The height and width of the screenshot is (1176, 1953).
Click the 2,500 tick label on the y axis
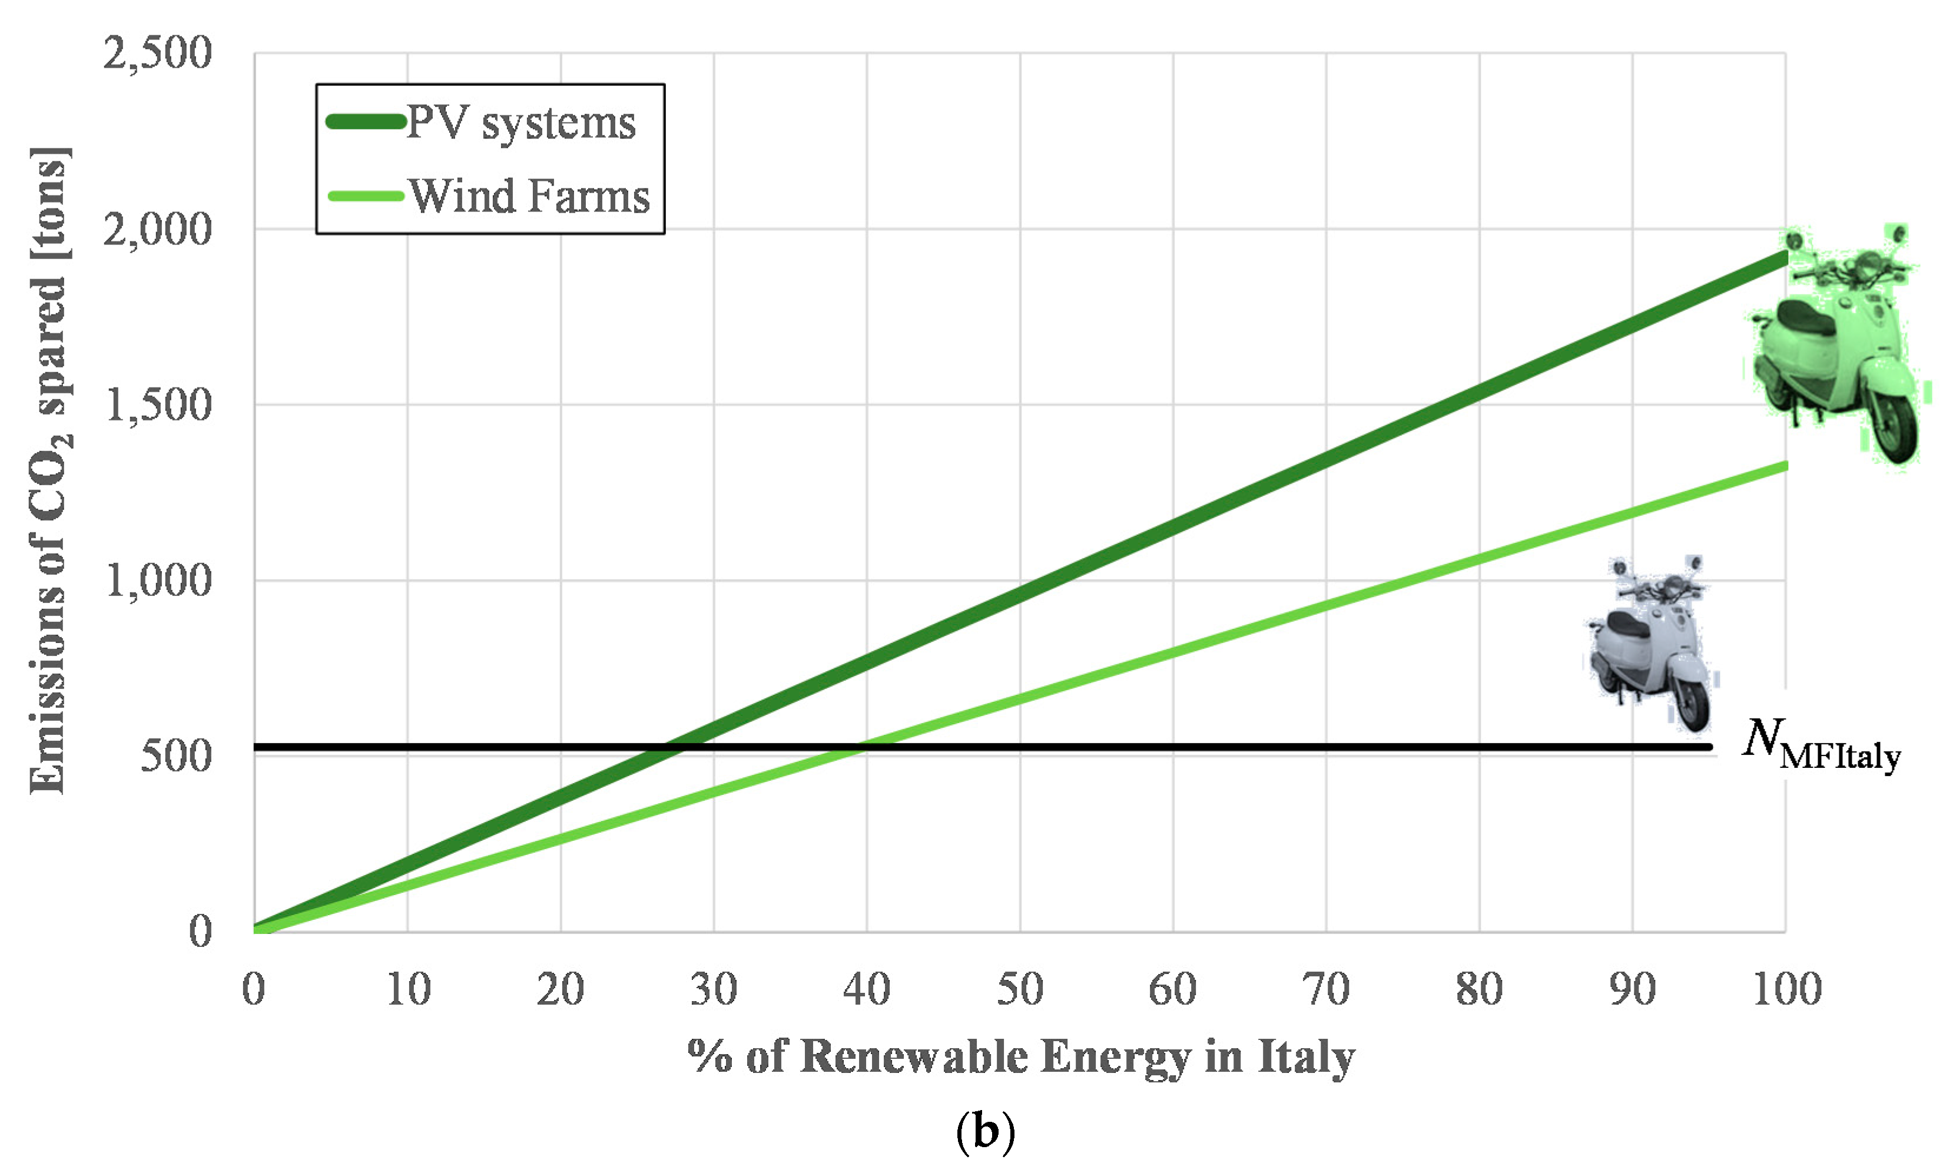point(157,54)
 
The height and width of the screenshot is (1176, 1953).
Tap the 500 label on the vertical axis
point(176,756)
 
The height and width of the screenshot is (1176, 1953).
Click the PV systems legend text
point(520,123)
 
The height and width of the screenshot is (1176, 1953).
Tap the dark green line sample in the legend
point(365,122)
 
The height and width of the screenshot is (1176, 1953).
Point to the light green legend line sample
point(365,196)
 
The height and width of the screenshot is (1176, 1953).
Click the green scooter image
point(1836,349)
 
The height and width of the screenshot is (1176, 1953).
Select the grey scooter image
point(1650,642)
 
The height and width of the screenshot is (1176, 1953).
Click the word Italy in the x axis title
point(1307,1057)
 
